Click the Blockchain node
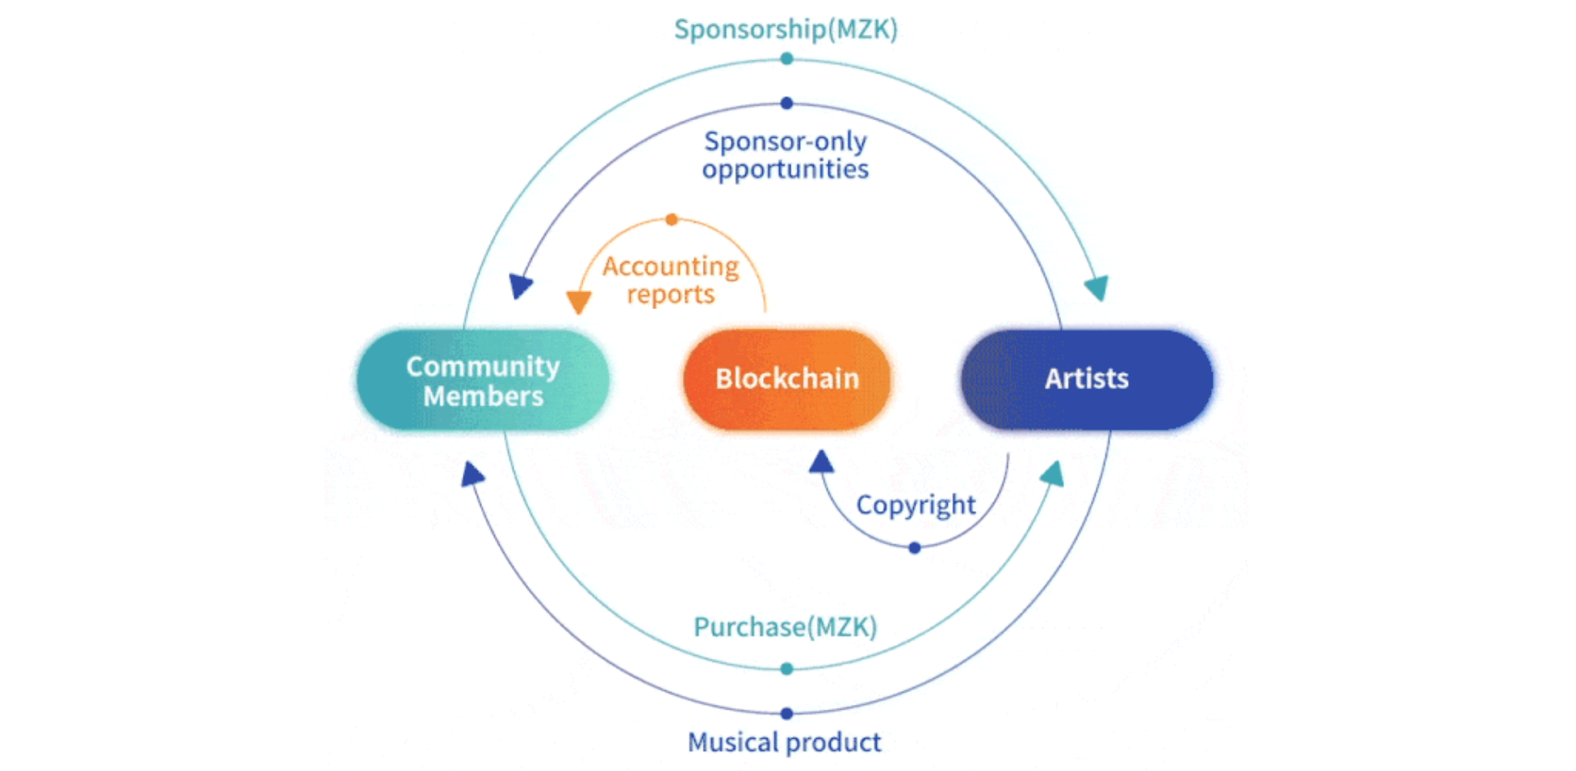[x=786, y=379]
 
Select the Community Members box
[x=483, y=379]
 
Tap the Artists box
[x=1086, y=379]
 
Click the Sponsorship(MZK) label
[x=786, y=30]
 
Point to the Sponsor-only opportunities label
[x=786, y=155]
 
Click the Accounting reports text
[x=671, y=279]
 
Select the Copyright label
[x=916, y=505]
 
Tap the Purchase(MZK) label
[x=785, y=626]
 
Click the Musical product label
[x=784, y=742]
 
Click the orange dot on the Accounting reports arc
[x=672, y=220]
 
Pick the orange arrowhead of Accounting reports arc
[x=579, y=302]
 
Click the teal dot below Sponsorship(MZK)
[x=787, y=59]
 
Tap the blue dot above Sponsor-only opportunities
[x=787, y=103]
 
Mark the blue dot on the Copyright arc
[x=915, y=548]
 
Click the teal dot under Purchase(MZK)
[x=787, y=668]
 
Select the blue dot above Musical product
[x=787, y=714]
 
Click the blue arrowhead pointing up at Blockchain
[x=821, y=463]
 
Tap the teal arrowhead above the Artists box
[x=1097, y=287]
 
